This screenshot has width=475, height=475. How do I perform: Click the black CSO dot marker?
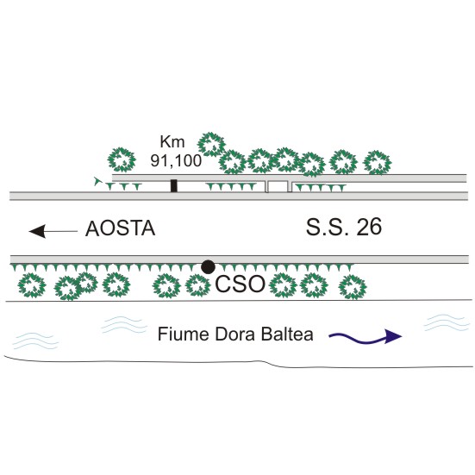pos(208,267)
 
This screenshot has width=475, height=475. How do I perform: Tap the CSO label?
pos(240,284)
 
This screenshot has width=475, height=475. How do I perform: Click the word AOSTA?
pos(121,228)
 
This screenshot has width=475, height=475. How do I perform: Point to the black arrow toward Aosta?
pos(53,231)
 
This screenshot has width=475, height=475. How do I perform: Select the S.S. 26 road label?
pos(343,227)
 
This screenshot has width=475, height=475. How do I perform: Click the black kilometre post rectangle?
pos(173,185)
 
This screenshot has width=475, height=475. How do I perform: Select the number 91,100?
pos(176,160)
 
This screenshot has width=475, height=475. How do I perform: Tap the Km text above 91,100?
pos(172,141)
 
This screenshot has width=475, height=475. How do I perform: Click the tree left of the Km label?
pos(122,159)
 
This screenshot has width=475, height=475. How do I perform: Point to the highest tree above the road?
pos(212,145)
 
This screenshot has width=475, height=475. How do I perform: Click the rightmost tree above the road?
pos(377,163)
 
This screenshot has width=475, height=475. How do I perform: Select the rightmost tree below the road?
pos(353,287)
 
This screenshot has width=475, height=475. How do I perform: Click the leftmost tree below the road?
pos(32,285)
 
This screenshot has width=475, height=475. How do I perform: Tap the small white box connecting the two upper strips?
pos(278,186)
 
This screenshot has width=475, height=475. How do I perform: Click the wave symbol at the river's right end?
pos(445,323)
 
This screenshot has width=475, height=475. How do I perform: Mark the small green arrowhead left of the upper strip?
pos(97,181)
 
